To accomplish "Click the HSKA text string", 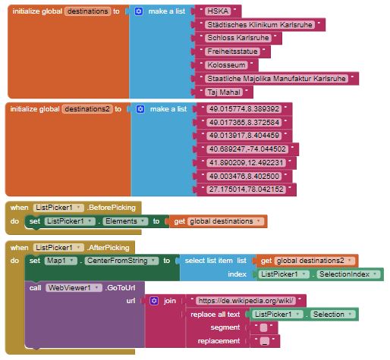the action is pos(218,11).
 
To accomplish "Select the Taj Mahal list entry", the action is pos(224,92).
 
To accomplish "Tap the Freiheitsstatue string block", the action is pos(232,52).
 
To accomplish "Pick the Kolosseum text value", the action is pos(226,65).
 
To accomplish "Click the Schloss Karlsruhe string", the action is pos(238,38).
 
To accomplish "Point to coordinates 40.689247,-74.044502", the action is pos(247,149).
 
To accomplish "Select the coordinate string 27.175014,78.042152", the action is pos(247,189).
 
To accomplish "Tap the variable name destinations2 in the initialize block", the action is pos(87,109).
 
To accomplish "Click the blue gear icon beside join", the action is pos(154,301).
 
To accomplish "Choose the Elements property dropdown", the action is pos(125,221).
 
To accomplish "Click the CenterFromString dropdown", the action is pos(121,261).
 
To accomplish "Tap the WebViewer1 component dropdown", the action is pos(74,288).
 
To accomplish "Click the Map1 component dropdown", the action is pos(61,261).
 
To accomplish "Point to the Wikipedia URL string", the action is pos(246,301).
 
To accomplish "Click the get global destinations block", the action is pos(218,221).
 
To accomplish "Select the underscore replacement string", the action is pos(265,341).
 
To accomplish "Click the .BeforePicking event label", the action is pos(112,208).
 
